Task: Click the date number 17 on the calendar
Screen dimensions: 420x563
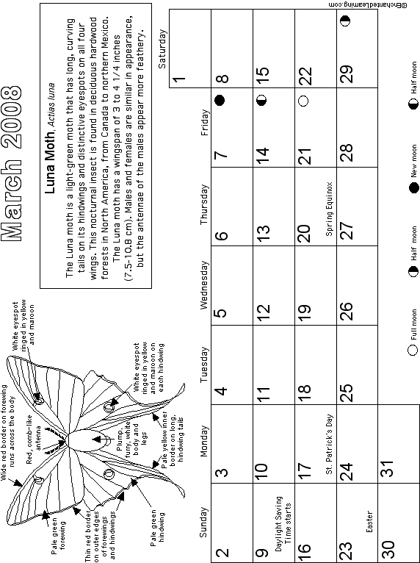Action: (x=304, y=471)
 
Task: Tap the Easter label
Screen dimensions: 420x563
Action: (x=370, y=522)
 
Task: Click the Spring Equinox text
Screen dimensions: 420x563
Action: (x=329, y=209)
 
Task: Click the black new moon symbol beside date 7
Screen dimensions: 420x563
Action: (x=220, y=100)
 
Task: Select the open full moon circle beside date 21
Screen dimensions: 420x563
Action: (x=304, y=101)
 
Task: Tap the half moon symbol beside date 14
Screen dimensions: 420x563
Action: (x=262, y=100)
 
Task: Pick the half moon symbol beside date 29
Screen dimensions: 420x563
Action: (x=345, y=21)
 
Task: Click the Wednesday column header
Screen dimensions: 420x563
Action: (x=203, y=284)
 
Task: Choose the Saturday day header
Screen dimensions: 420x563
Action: (x=162, y=49)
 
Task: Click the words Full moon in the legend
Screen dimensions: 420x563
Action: (x=414, y=325)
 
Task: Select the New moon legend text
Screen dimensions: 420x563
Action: (x=414, y=161)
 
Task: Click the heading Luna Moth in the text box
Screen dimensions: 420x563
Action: (x=50, y=165)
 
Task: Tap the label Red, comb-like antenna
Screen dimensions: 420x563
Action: (x=34, y=440)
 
